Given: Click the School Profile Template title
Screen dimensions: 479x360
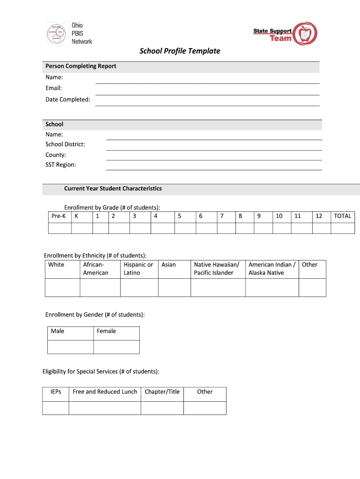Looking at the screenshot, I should click(x=180, y=51).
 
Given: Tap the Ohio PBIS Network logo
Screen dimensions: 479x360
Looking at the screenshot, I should click(x=69, y=33).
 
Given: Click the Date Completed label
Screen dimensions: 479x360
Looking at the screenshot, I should click(x=68, y=99).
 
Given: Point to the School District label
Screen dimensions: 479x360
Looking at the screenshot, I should click(x=65, y=145).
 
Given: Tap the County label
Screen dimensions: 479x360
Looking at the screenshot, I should click(x=56, y=155).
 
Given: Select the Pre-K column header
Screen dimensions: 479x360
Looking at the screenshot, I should click(x=58, y=216).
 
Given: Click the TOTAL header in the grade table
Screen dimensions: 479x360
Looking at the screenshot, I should click(x=342, y=216).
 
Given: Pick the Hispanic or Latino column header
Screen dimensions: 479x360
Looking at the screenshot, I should click(x=138, y=269).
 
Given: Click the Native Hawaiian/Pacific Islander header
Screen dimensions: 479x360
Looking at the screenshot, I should click(x=217, y=269).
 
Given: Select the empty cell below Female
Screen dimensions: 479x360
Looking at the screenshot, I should click(x=116, y=347).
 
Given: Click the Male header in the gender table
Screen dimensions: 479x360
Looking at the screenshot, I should click(x=58, y=331).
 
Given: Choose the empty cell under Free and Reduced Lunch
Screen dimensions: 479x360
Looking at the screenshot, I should click(x=105, y=408).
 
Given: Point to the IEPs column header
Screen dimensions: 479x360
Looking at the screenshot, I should click(x=56, y=392).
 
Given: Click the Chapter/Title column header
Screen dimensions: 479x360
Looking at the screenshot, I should click(x=162, y=392).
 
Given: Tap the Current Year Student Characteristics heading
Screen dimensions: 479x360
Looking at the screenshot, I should click(x=113, y=189).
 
